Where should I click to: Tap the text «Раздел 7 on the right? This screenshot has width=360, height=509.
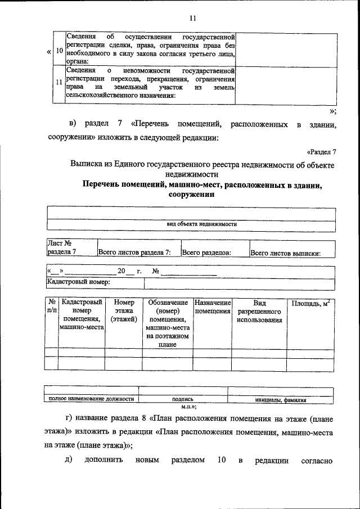pos(322,152)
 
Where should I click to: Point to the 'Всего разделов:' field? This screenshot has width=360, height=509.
pos(207,253)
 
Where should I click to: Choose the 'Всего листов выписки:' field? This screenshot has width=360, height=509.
pos(285,253)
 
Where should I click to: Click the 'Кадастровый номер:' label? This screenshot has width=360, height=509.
pos(78,282)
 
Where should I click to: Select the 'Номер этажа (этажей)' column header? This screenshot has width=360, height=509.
pos(124,311)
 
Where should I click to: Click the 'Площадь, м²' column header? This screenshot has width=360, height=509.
pos(310,304)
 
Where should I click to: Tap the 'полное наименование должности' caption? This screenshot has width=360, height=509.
pos(91,399)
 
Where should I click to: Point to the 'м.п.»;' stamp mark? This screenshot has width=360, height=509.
pos(188,406)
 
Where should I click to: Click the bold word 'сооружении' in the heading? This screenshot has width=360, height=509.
pos(191,195)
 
